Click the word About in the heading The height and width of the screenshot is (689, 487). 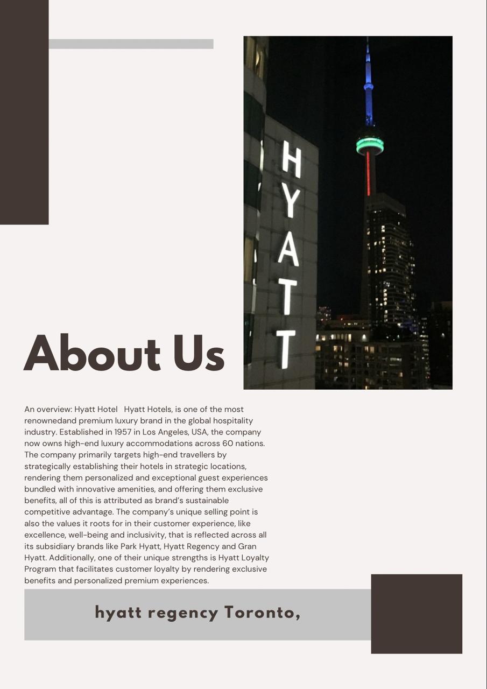point(92,354)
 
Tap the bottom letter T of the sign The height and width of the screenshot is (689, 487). point(286,349)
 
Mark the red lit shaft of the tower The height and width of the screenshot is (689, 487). point(369,173)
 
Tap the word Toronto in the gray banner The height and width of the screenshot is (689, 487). point(262,613)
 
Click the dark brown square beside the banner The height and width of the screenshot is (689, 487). point(417,614)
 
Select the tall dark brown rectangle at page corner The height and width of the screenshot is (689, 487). point(24,112)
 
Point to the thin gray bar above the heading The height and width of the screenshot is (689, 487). point(131,44)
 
